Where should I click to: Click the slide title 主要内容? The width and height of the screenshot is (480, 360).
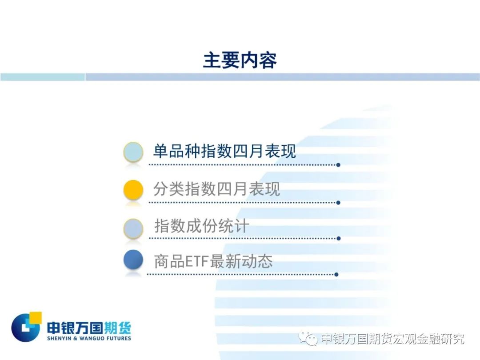click(x=240, y=60)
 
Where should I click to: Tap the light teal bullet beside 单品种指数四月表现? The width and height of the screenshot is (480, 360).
click(x=133, y=152)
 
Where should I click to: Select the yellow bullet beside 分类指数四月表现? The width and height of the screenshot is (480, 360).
click(x=133, y=190)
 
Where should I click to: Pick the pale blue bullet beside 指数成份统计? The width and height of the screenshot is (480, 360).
click(x=133, y=228)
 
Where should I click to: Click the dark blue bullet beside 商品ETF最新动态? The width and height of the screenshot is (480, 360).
click(x=133, y=260)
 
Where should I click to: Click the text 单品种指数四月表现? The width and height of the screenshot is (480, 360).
click(x=224, y=151)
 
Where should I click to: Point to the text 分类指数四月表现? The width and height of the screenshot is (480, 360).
click(x=216, y=189)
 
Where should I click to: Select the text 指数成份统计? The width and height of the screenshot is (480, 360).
click(x=201, y=226)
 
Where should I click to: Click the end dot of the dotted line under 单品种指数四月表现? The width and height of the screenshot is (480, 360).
click(x=338, y=165)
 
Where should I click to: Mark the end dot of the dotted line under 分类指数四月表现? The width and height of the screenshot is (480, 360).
click(x=338, y=203)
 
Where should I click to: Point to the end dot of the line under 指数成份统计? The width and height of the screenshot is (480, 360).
click(x=338, y=239)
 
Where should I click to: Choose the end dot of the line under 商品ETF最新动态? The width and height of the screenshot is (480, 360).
click(x=336, y=275)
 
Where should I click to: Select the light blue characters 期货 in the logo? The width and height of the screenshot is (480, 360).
click(x=117, y=328)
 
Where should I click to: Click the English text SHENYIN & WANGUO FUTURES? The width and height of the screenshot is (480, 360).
click(x=89, y=338)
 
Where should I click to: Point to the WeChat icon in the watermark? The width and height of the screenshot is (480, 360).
click(x=308, y=338)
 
